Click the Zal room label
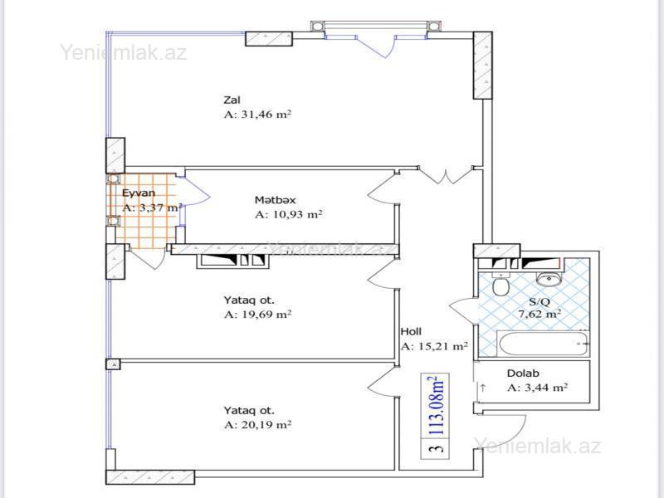pos(232,100)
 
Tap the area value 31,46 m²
pos(257,115)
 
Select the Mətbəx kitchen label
pos(276,200)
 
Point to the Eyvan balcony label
pos(139,193)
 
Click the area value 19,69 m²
pos(257,315)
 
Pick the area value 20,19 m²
pos(257,424)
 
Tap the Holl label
pos(411,331)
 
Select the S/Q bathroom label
pos(539,302)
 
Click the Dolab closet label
pos(523,373)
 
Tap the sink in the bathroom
pos(549,278)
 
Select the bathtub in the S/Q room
pos(544,344)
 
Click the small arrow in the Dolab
pos(483,387)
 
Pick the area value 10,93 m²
pos(289,214)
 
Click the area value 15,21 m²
pos(434,346)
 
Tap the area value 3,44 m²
pos(537,388)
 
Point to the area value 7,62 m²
pos(540,315)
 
